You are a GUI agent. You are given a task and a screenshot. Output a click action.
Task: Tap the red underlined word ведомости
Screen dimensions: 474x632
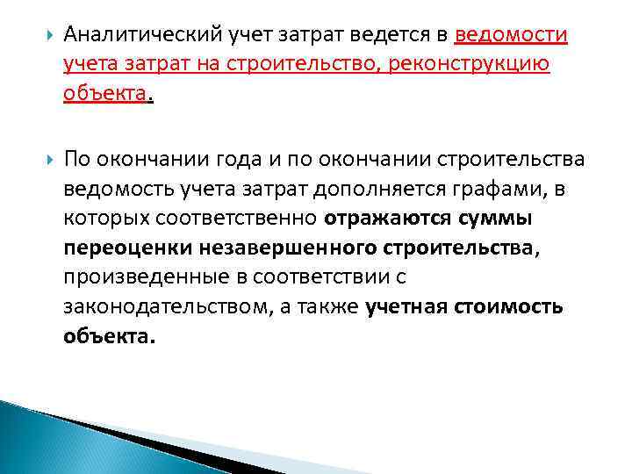click(511, 35)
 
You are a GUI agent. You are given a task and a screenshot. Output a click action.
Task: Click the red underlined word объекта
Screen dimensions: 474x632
click(104, 95)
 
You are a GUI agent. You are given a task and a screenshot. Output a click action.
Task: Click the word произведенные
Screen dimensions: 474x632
click(130, 277)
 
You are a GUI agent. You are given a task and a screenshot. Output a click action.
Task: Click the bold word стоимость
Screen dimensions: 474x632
click(509, 307)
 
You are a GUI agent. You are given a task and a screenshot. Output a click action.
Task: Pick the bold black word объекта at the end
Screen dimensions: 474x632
click(108, 337)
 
